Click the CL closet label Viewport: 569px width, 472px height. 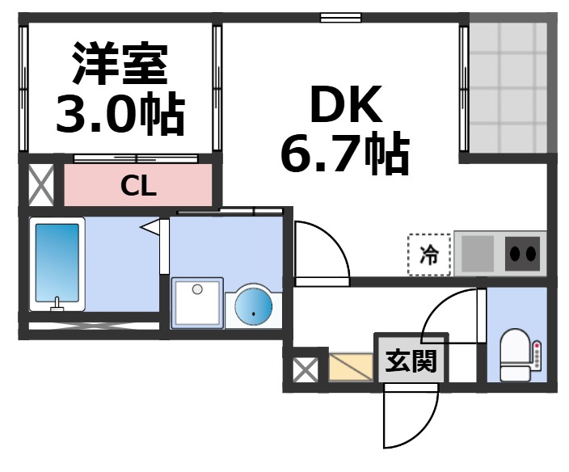(x=138, y=187)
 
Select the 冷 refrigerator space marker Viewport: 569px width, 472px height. (x=428, y=255)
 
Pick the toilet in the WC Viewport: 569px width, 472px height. (x=516, y=355)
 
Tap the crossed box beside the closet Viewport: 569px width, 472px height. (x=40, y=185)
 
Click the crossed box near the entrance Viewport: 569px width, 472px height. (x=305, y=370)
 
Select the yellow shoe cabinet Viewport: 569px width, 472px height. (x=350, y=369)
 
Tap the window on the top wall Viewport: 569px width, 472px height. (x=340, y=16)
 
